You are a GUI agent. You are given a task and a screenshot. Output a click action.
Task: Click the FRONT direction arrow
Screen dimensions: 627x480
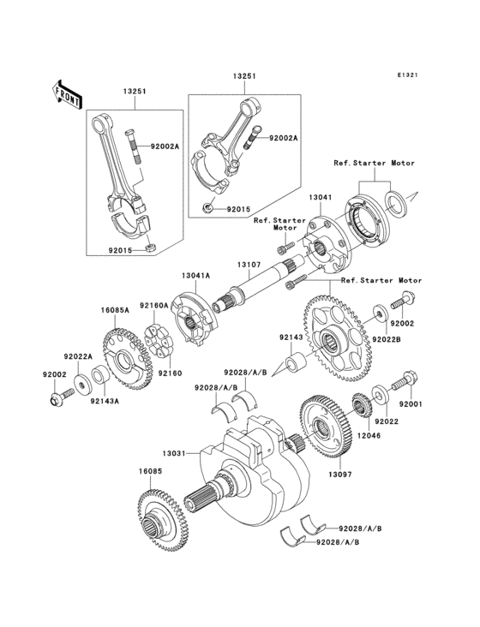(x=68, y=93)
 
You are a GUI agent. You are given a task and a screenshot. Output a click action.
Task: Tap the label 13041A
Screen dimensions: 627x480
(x=195, y=276)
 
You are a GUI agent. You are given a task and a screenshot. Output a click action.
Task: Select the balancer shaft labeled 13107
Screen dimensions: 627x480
(x=257, y=292)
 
